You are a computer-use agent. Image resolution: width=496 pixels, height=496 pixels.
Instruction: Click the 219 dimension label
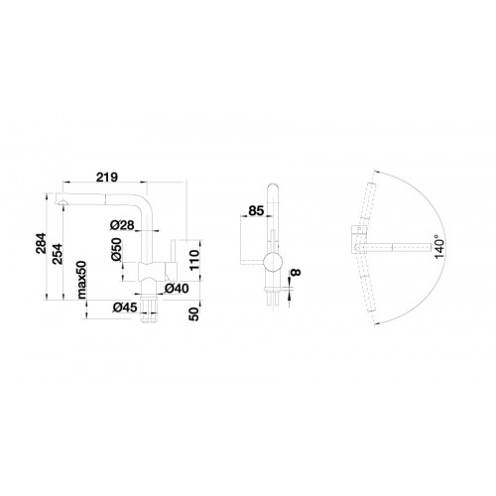point(107,177)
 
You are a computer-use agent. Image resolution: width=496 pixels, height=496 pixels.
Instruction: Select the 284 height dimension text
point(42,243)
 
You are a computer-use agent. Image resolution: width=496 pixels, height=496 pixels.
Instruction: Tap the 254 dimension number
point(58,253)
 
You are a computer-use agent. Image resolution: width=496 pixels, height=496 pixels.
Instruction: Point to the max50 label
point(81,280)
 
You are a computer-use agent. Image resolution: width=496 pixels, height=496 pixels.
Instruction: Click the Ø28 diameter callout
point(122,225)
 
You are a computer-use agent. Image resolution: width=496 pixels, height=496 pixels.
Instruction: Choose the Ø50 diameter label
point(116,250)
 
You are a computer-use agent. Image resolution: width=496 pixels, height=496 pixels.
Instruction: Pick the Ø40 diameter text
point(177,289)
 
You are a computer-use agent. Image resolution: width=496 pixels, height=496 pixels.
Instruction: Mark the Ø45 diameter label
point(125,308)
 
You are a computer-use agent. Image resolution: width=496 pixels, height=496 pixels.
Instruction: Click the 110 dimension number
point(194,260)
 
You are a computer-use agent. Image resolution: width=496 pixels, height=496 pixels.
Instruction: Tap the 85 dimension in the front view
point(256,210)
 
